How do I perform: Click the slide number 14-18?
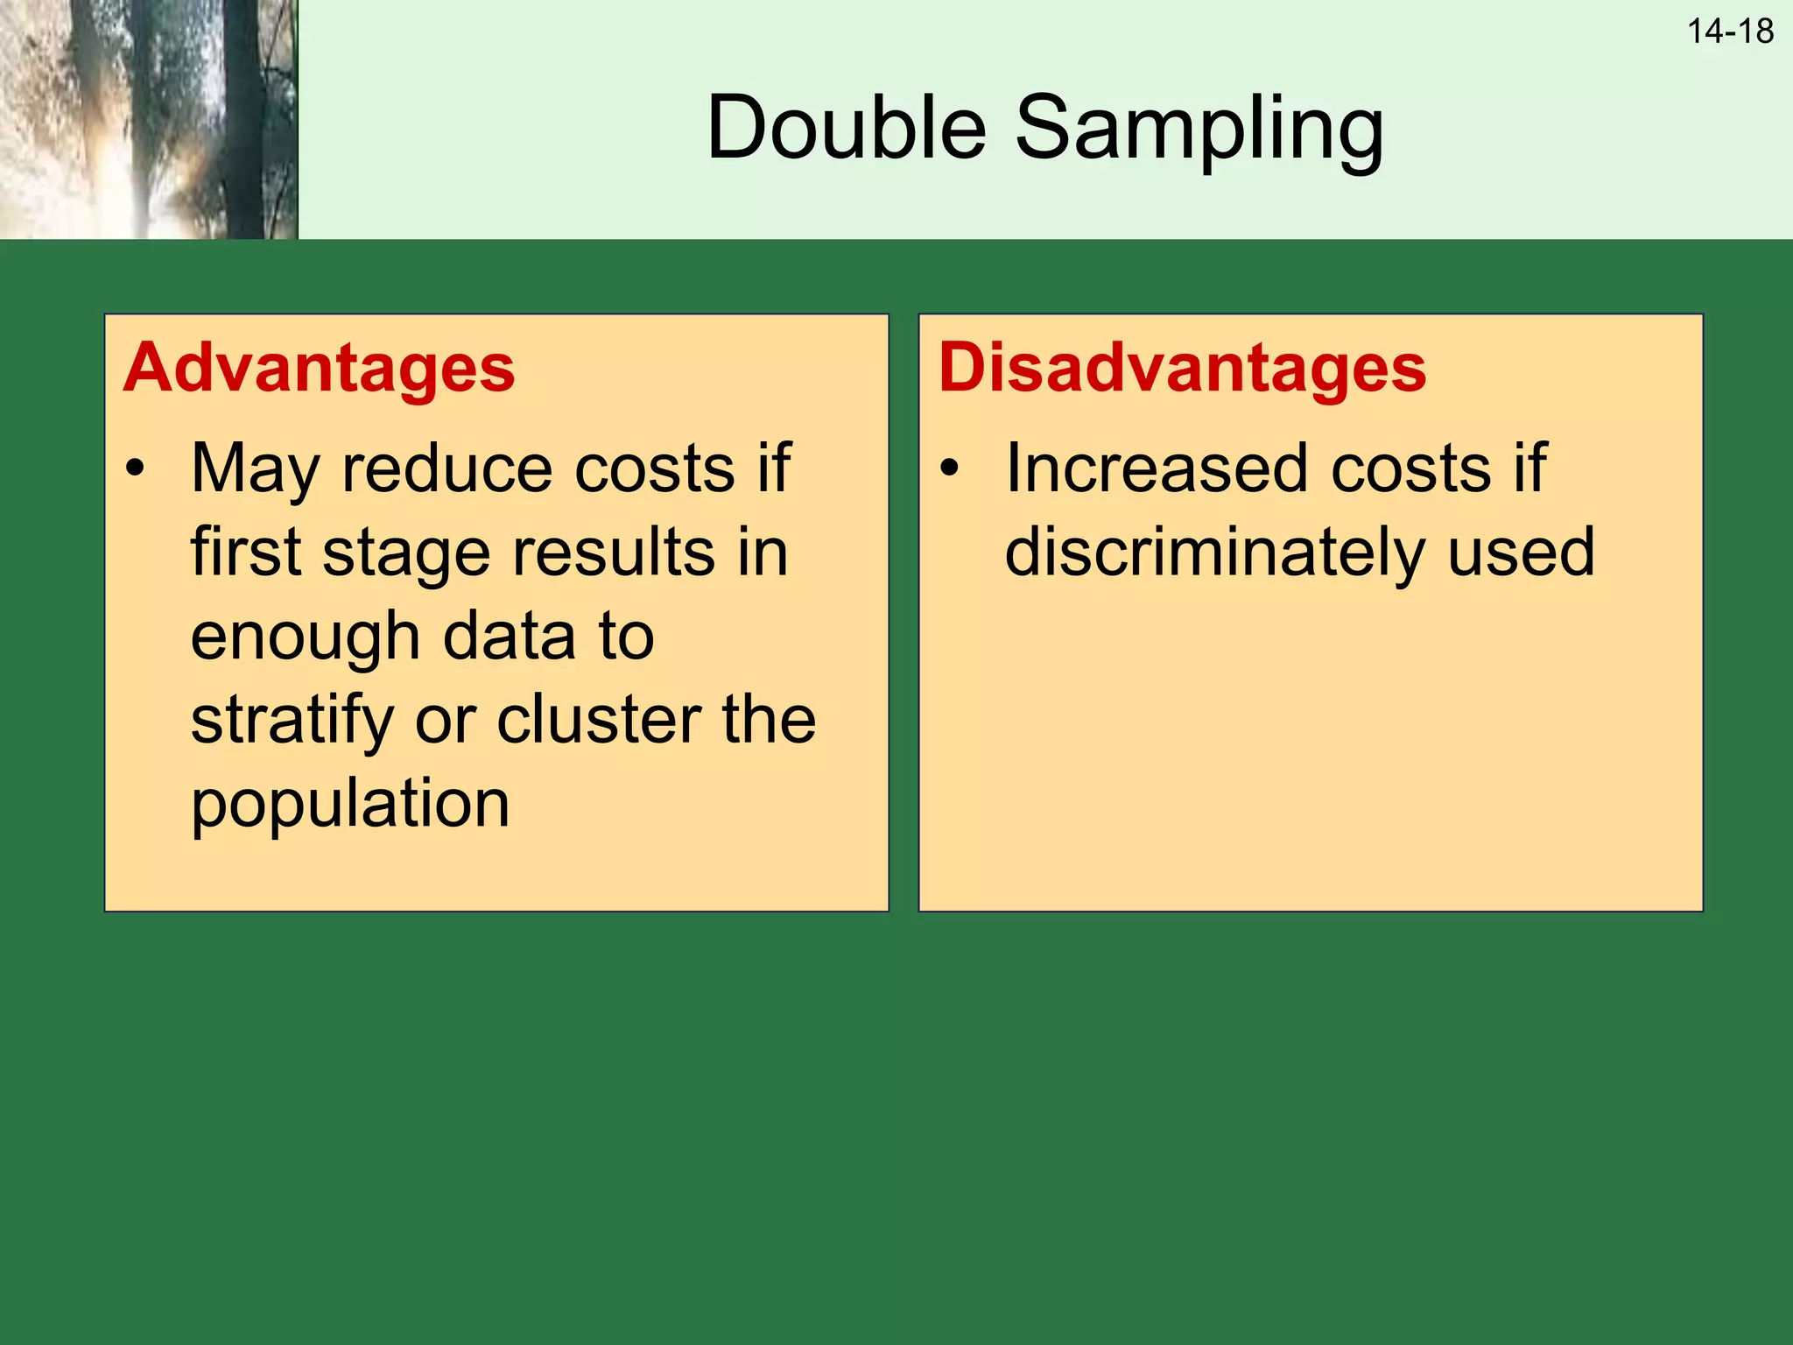[1729, 32]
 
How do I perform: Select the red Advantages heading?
[319, 368]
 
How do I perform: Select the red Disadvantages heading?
[1182, 368]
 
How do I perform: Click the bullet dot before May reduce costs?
[135, 468]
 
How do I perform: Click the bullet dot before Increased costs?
[949, 468]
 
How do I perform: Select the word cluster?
[599, 720]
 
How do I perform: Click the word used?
[1520, 553]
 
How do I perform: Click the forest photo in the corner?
[148, 119]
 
